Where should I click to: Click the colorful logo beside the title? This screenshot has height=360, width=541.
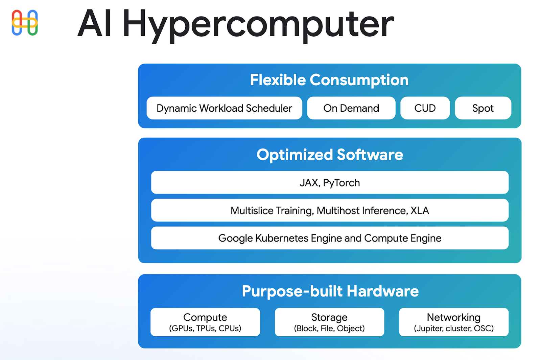tap(25, 23)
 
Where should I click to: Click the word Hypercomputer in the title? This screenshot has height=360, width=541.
tap(258, 26)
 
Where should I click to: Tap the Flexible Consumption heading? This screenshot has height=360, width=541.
tap(329, 80)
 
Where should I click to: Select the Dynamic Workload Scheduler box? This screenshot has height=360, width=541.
tap(224, 108)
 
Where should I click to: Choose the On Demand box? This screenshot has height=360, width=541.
tap(351, 108)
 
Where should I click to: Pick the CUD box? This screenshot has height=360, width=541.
tap(425, 108)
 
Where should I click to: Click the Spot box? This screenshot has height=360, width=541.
tap(483, 108)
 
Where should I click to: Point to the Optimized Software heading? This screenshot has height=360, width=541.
tap(330, 155)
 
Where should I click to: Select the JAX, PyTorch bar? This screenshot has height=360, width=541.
tap(330, 182)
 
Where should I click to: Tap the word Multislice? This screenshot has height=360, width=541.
tap(252, 210)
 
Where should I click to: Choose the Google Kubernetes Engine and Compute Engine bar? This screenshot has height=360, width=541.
tap(330, 238)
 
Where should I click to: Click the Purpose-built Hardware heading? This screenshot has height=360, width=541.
tap(330, 291)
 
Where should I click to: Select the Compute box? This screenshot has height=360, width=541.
tap(205, 322)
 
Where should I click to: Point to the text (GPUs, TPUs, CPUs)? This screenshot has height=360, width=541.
tap(205, 328)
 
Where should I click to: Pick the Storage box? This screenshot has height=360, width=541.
tap(329, 322)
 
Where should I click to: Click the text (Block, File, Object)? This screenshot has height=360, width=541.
tap(329, 328)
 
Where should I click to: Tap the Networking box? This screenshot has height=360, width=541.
tap(454, 322)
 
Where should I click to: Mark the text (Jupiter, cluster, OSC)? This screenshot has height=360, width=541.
tap(454, 328)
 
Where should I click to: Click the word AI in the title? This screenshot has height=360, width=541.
tap(94, 23)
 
